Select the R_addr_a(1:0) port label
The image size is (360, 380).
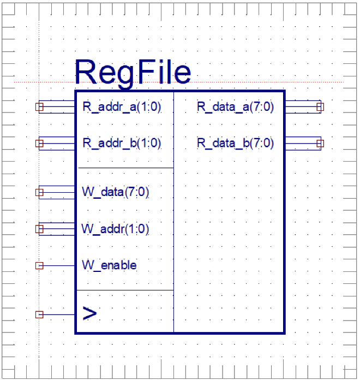point(122,107)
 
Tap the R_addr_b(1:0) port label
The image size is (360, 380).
point(122,144)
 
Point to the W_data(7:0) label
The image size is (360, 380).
point(115,192)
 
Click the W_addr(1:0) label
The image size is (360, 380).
point(115,229)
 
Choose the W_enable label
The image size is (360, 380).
point(109,265)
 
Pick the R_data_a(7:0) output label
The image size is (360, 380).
point(235,107)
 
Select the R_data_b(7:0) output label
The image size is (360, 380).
point(235,144)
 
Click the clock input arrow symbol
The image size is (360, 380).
point(89,314)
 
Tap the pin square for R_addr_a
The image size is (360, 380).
point(39,107)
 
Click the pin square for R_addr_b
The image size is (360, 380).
point(39,144)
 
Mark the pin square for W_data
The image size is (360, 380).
point(39,192)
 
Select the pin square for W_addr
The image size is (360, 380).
point(39,229)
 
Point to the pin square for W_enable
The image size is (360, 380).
point(39,265)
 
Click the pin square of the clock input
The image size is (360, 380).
point(39,314)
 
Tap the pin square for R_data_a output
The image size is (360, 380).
point(320,107)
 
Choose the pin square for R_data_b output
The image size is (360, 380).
point(320,144)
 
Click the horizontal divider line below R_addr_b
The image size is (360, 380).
point(125,168)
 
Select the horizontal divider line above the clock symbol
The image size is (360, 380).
point(125,290)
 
